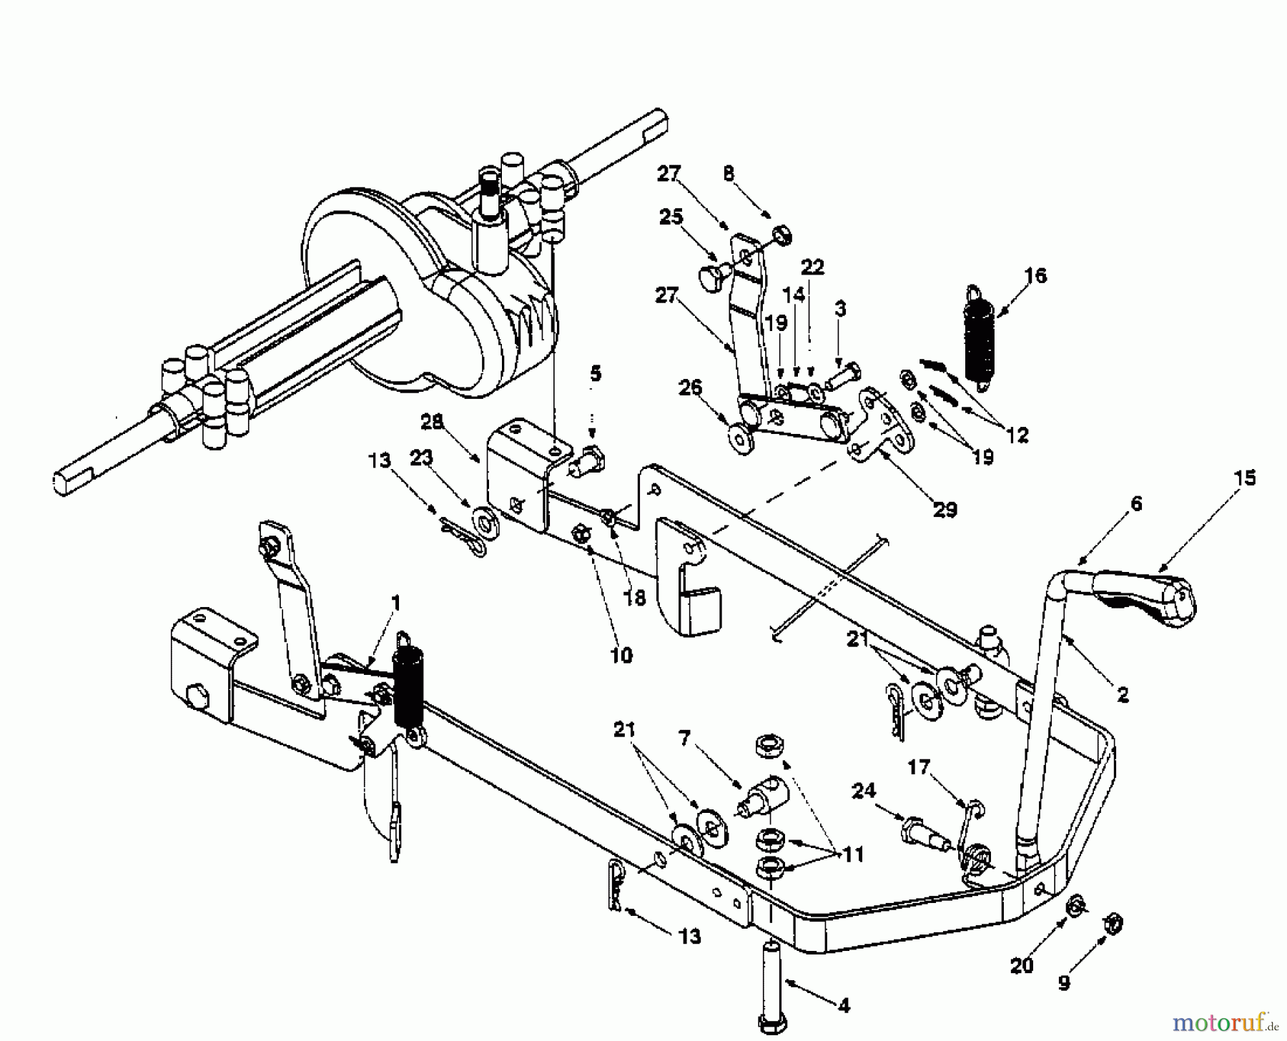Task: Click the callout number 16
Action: pos(1035,275)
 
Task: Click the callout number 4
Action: pos(843,1005)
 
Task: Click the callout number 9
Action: pos(1064,984)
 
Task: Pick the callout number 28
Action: pos(433,422)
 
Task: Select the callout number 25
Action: pos(671,217)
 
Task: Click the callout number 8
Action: pos(729,174)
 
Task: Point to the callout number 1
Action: pos(396,603)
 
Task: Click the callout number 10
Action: pos(621,655)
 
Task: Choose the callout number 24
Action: pos(863,790)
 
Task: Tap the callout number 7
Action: pos(684,739)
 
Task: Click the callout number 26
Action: pos(690,388)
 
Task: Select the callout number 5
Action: pos(595,373)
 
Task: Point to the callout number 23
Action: pos(421,457)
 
